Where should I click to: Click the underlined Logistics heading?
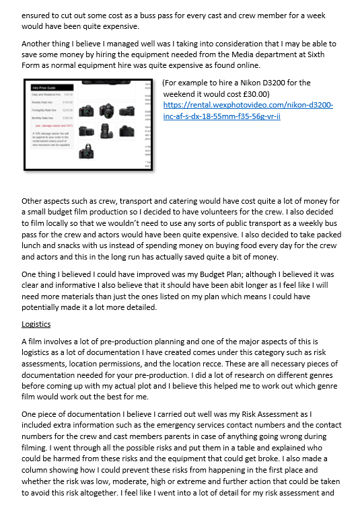pyautogui.click(x=36, y=323)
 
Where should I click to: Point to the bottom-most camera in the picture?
pyautogui.click(x=85, y=153)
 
